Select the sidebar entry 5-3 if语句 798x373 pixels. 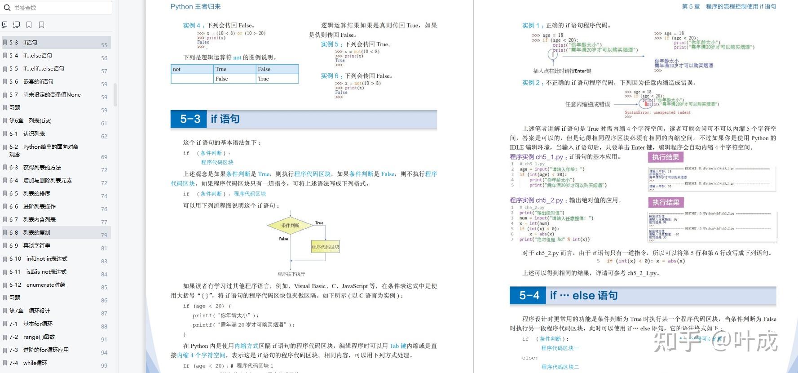30,43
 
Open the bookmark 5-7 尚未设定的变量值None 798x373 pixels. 52,95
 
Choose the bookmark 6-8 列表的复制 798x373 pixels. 36,233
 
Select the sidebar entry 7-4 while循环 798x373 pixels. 35,363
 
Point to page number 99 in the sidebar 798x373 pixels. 104,366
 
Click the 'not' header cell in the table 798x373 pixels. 192,69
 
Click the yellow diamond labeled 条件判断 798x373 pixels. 290,226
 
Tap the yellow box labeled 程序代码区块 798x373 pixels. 326,247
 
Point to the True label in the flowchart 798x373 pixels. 319,223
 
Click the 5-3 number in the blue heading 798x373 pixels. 190,119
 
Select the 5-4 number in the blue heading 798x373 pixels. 529,295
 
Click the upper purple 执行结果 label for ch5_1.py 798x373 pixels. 666,157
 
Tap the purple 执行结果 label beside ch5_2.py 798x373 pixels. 666,203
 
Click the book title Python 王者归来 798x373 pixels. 195,7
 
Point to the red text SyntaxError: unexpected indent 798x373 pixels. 657,113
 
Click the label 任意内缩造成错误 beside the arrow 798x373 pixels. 587,104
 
